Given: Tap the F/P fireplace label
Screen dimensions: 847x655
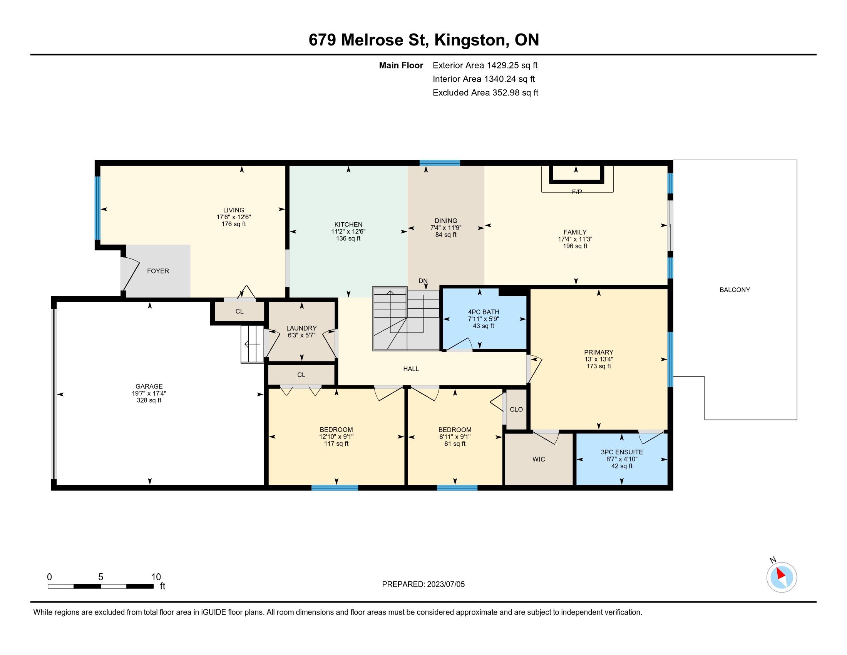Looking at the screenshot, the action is pyautogui.click(x=577, y=192).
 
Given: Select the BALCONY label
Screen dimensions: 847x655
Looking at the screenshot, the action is pyautogui.click(x=735, y=290).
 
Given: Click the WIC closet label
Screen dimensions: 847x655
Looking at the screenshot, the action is pyautogui.click(x=539, y=459).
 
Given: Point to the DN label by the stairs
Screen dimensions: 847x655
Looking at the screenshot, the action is pyautogui.click(x=423, y=281).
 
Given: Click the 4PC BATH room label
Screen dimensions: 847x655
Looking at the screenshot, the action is pyautogui.click(x=484, y=312).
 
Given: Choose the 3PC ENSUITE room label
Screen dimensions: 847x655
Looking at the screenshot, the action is pyautogui.click(x=622, y=452).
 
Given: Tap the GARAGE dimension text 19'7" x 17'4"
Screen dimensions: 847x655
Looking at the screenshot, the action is pyautogui.click(x=149, y=393).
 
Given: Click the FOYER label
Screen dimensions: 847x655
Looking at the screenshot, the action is pyautogui.click(x=158, y=271).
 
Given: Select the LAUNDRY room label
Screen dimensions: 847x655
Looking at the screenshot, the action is pyautogui.click(x=301, y=328).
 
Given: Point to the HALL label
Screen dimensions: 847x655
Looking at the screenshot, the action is pyautogui.click(x=411, y=369).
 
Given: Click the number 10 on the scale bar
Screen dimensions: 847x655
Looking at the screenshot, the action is pyautogui.click(x=156, y=577).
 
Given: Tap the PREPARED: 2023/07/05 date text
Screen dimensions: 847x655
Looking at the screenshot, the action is pyautogui.click(x=423, y=584).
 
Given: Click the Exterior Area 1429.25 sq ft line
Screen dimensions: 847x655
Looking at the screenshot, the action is pyautogui.click(x=485, y=65).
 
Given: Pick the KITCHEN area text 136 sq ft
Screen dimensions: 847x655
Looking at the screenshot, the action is pyautogui.click(x=348, y=238).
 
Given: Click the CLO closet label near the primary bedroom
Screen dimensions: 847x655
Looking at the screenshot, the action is pyautogui.click(x=516, y=409).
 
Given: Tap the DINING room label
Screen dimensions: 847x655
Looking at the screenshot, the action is pyautogui.click(x=445, y=221).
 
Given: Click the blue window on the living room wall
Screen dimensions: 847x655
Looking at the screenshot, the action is pyautogui.click(x=98, y=208).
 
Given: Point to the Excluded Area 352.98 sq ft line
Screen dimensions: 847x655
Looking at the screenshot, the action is pyautogui.click(x=485, y=93).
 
